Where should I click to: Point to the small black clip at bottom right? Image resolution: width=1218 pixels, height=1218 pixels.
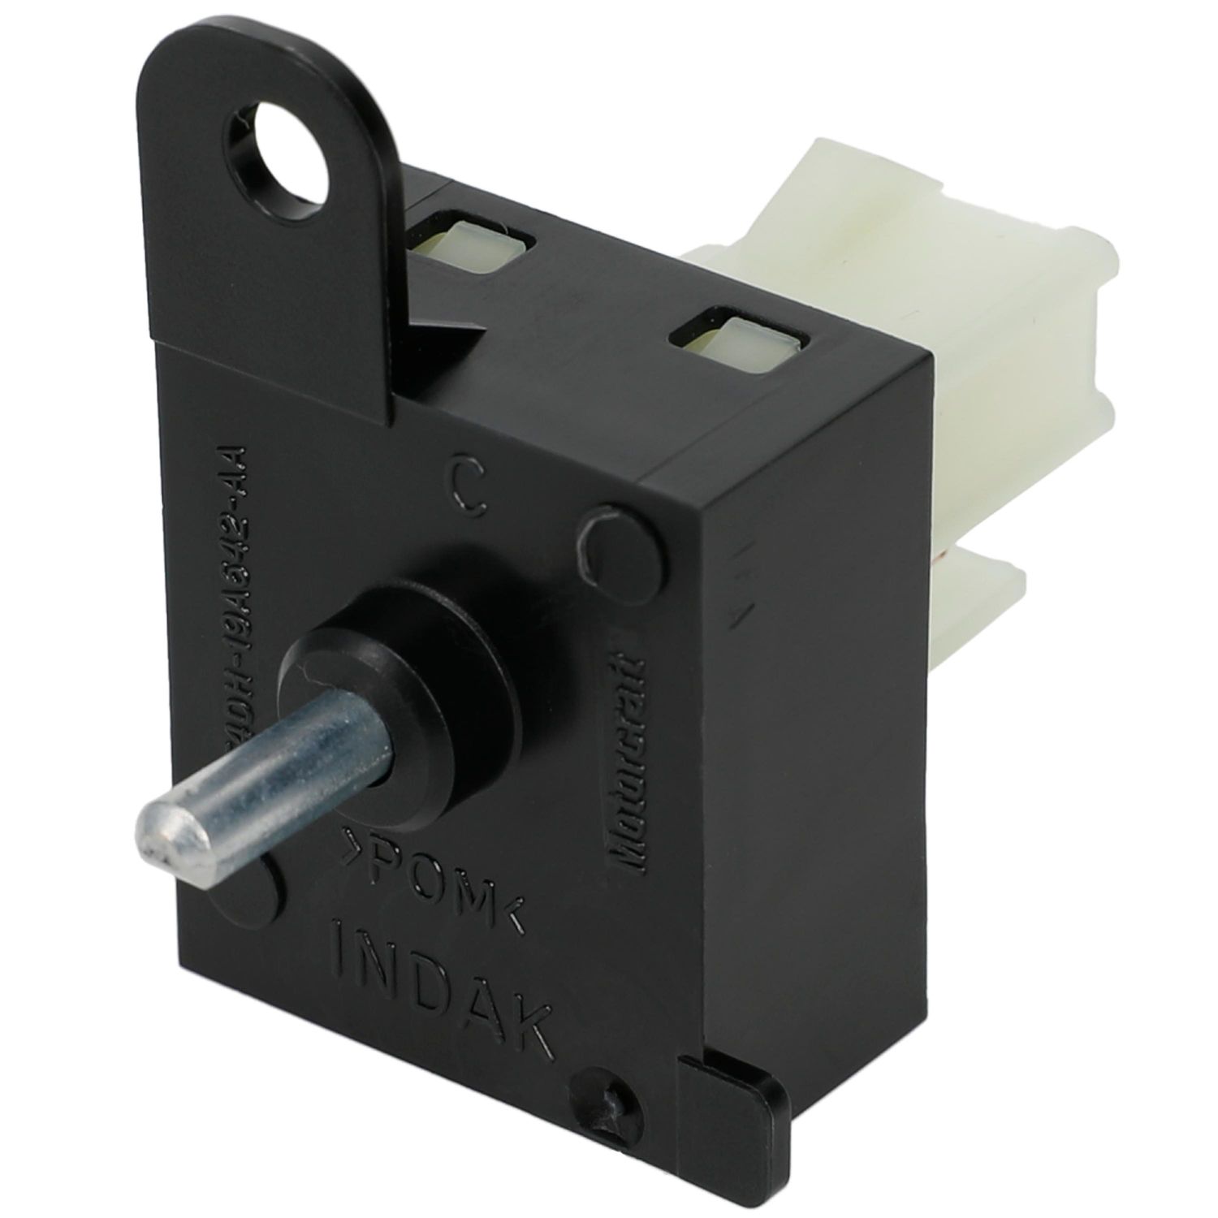[735, 1116]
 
